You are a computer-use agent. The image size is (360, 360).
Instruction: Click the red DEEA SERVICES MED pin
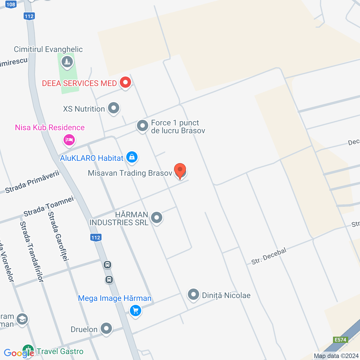pos(125,83)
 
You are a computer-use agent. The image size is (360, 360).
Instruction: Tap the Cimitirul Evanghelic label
pos(48,49)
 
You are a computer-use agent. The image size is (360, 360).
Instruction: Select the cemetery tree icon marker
pos(67,61)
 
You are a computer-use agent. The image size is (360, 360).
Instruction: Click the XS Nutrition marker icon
pos(114,108)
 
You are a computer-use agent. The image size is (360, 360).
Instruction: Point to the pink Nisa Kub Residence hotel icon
pos(69,139)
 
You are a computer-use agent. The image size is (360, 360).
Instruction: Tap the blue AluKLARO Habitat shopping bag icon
pos(132,157)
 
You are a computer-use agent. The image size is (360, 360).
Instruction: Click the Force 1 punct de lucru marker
pos(143,126)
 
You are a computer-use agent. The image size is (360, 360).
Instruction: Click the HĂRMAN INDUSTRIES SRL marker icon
pos(157,217)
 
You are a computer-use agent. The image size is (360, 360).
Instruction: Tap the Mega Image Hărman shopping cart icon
pos(136,311)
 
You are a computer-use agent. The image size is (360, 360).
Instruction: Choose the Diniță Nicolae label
pos(226,295)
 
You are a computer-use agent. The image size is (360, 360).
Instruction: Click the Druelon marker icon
pos(106,328)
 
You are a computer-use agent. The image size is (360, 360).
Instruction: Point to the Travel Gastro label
pos(60,352)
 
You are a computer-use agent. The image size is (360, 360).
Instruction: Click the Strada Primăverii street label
pos(32,182)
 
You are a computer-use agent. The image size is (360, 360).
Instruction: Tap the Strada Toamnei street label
pos(49,206)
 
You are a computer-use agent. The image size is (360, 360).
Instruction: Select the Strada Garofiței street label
pos(58,236)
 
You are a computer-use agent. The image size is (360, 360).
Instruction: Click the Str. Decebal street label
pos(269,256)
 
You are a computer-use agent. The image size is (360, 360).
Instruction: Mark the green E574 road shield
pos(340,340)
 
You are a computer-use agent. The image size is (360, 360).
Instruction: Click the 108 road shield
pos(11,4)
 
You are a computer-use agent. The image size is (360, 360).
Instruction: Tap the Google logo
pos(19,353)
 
